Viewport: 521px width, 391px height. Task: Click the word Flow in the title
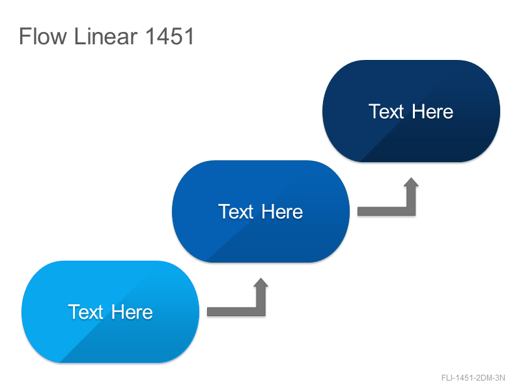(x=43, y=36)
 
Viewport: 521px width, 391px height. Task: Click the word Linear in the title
(x=106, y=36)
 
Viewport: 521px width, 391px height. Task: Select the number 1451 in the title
(x=169, y=36)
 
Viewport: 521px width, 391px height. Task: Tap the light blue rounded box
(x=110, y=312)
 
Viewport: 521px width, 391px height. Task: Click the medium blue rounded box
(x=261, y=211)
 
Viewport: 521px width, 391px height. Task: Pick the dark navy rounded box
(x=412, y=111)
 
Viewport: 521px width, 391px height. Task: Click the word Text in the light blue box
(x=86, y=312)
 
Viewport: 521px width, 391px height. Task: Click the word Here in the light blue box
(x=132, y=312)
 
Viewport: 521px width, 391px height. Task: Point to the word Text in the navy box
(x=386, y=111)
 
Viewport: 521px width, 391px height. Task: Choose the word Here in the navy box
(x=432, y=111)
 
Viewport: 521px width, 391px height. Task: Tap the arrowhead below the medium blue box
(x=261, y=282)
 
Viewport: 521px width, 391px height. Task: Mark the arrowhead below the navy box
(x=412, y=182)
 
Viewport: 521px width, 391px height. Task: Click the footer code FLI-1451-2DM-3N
(x=473, y=378)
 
